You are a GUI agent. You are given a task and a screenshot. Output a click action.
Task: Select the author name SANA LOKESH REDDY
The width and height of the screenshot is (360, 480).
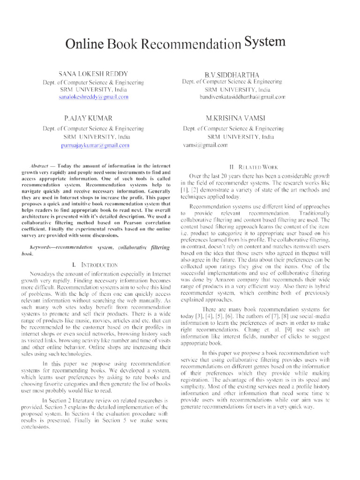click(x=93, y=74)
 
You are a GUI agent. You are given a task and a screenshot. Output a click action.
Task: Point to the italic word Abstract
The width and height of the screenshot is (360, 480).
click(x=38, y=166)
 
